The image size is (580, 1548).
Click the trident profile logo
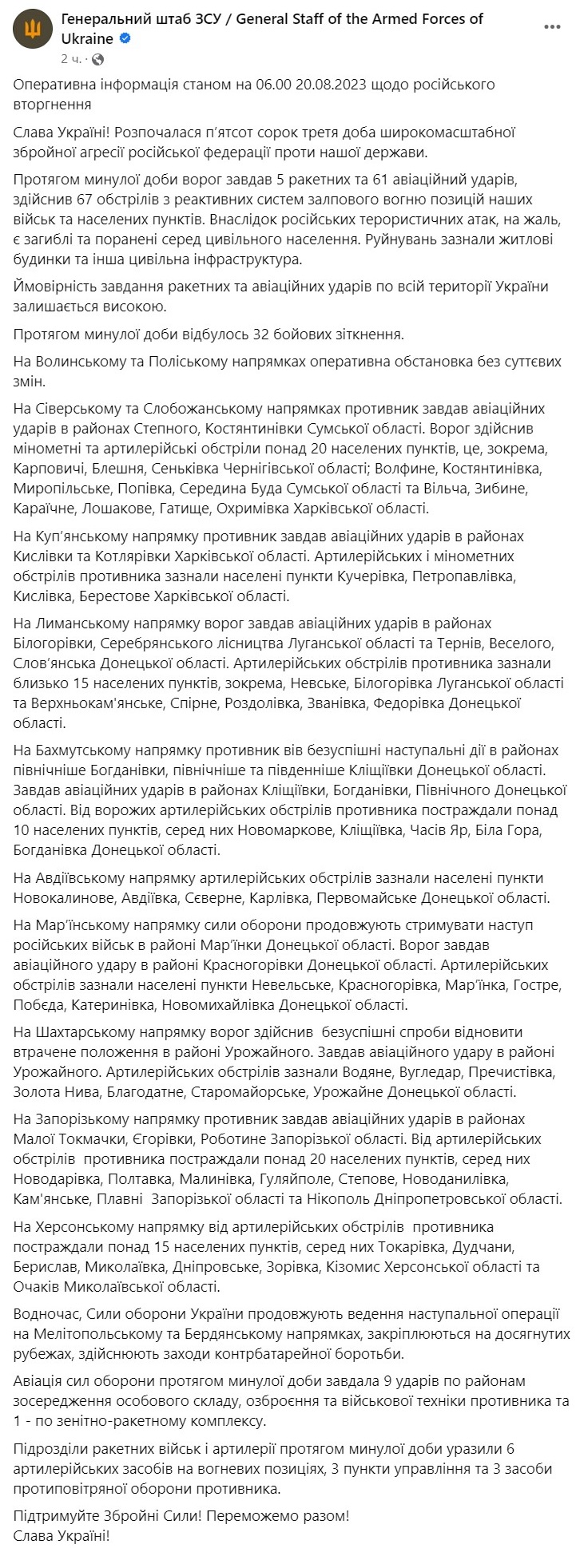tap(32, 33)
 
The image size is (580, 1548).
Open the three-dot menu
tap(552, 26)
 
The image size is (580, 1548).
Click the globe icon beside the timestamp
tap(97, 59)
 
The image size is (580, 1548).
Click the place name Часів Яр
tap(436, 831)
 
